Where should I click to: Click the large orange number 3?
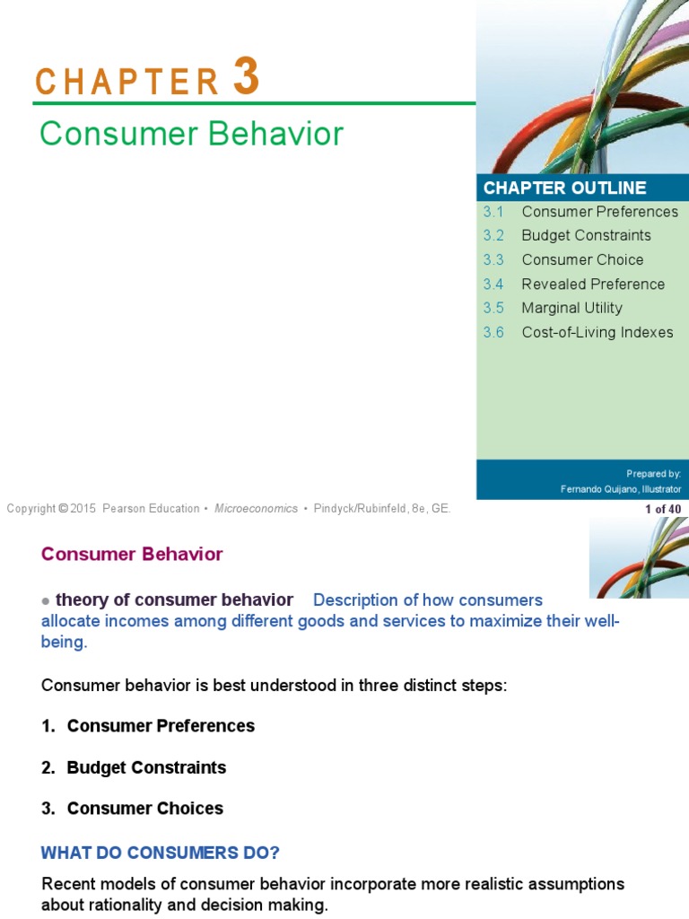click(x=246, y=77)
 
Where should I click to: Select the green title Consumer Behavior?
click(x=191, y=134)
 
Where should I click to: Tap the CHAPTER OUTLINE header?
click(x=564, y=188)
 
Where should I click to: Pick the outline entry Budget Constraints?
click(x=586, y=235)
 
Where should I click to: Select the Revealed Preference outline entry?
click(x=593, y=284)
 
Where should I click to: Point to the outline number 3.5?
click(x=493, y=308)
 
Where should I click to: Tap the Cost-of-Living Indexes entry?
click(x=597, y=332)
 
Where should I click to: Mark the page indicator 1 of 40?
click(x=663, y=509)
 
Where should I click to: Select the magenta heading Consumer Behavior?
click(x=132, y=554)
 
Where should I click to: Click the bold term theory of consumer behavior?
click(x=174, y=600)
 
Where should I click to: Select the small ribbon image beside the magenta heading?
click(x=639, y=558)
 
